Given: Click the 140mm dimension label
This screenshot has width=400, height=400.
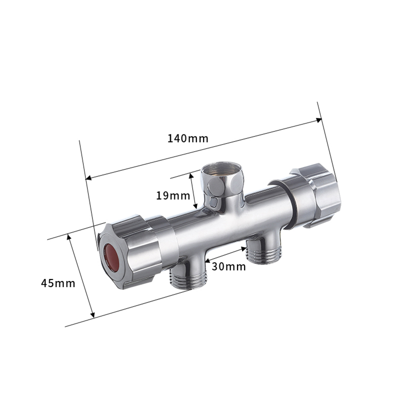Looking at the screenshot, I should (x=187, y=138).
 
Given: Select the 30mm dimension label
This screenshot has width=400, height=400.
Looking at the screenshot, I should (x=228, y=266).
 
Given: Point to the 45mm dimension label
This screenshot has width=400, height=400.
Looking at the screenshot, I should (x=58, y=283).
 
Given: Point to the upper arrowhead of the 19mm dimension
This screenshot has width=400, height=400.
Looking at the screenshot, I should (x=190, y=175).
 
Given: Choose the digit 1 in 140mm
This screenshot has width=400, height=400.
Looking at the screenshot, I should (x=169, y=138).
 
